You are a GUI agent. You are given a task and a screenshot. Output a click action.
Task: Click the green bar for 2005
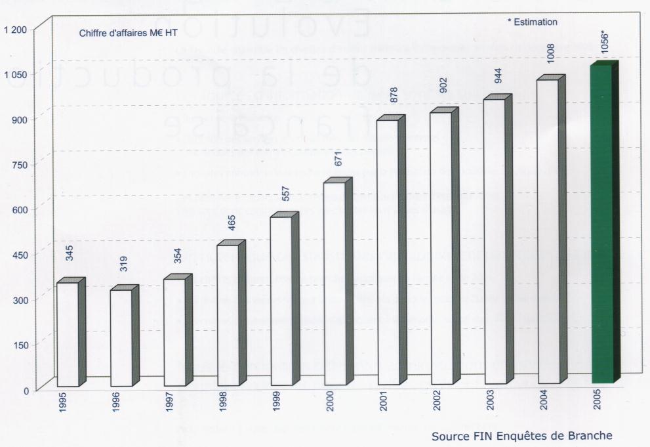pos(601,223)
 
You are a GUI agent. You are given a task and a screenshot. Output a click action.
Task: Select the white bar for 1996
pos(121,337)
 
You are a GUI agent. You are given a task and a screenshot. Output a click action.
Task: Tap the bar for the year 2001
pos(388,253)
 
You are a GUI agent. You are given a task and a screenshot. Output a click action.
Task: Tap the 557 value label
pos(285,193)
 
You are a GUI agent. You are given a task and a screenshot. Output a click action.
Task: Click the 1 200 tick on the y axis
pos(14,30)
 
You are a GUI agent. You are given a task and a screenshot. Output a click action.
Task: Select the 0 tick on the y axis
pos(26,391)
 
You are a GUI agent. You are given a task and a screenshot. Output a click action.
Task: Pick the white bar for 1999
pos(281,301)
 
